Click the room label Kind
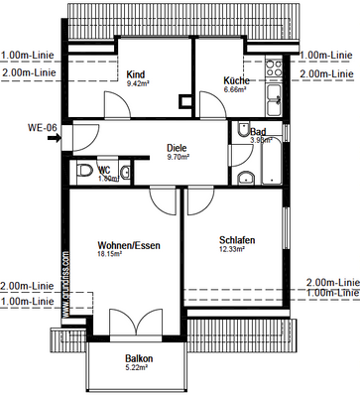pyautogui.click(x=136, y=73)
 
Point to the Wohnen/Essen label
pyautogui.click(x=129, y=244)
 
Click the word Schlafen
pyautogui.click(x=238, y=240)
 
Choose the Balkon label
pyautogui.click(x=139, y=358)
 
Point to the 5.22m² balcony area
pyautogui.click(x=136, y=368)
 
